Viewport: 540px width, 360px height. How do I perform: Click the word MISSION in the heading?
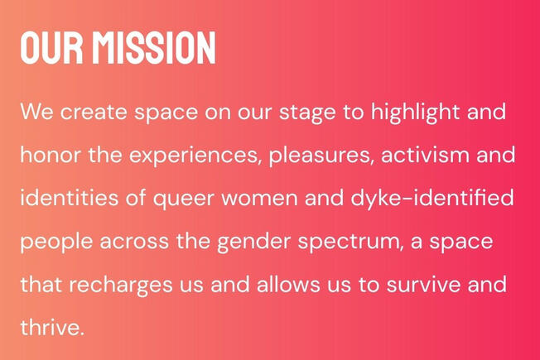[154, 47]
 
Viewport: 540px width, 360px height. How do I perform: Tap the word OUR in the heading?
[51, 47]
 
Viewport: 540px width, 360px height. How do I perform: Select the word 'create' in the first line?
[94, 113]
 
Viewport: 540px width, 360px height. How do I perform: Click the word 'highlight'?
[415, 113]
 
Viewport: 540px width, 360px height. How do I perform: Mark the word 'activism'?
[425, 155]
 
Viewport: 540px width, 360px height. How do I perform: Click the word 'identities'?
[69, 198]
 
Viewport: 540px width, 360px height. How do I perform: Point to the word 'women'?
[259, 199]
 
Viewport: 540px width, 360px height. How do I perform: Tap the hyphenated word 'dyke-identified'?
[432, 199]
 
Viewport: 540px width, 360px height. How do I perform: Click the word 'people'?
[56, 242]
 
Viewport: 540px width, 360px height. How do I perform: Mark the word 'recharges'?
[121, 286]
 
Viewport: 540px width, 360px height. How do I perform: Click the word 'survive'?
[423, 285]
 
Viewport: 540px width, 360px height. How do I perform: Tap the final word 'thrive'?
[51, 327]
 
